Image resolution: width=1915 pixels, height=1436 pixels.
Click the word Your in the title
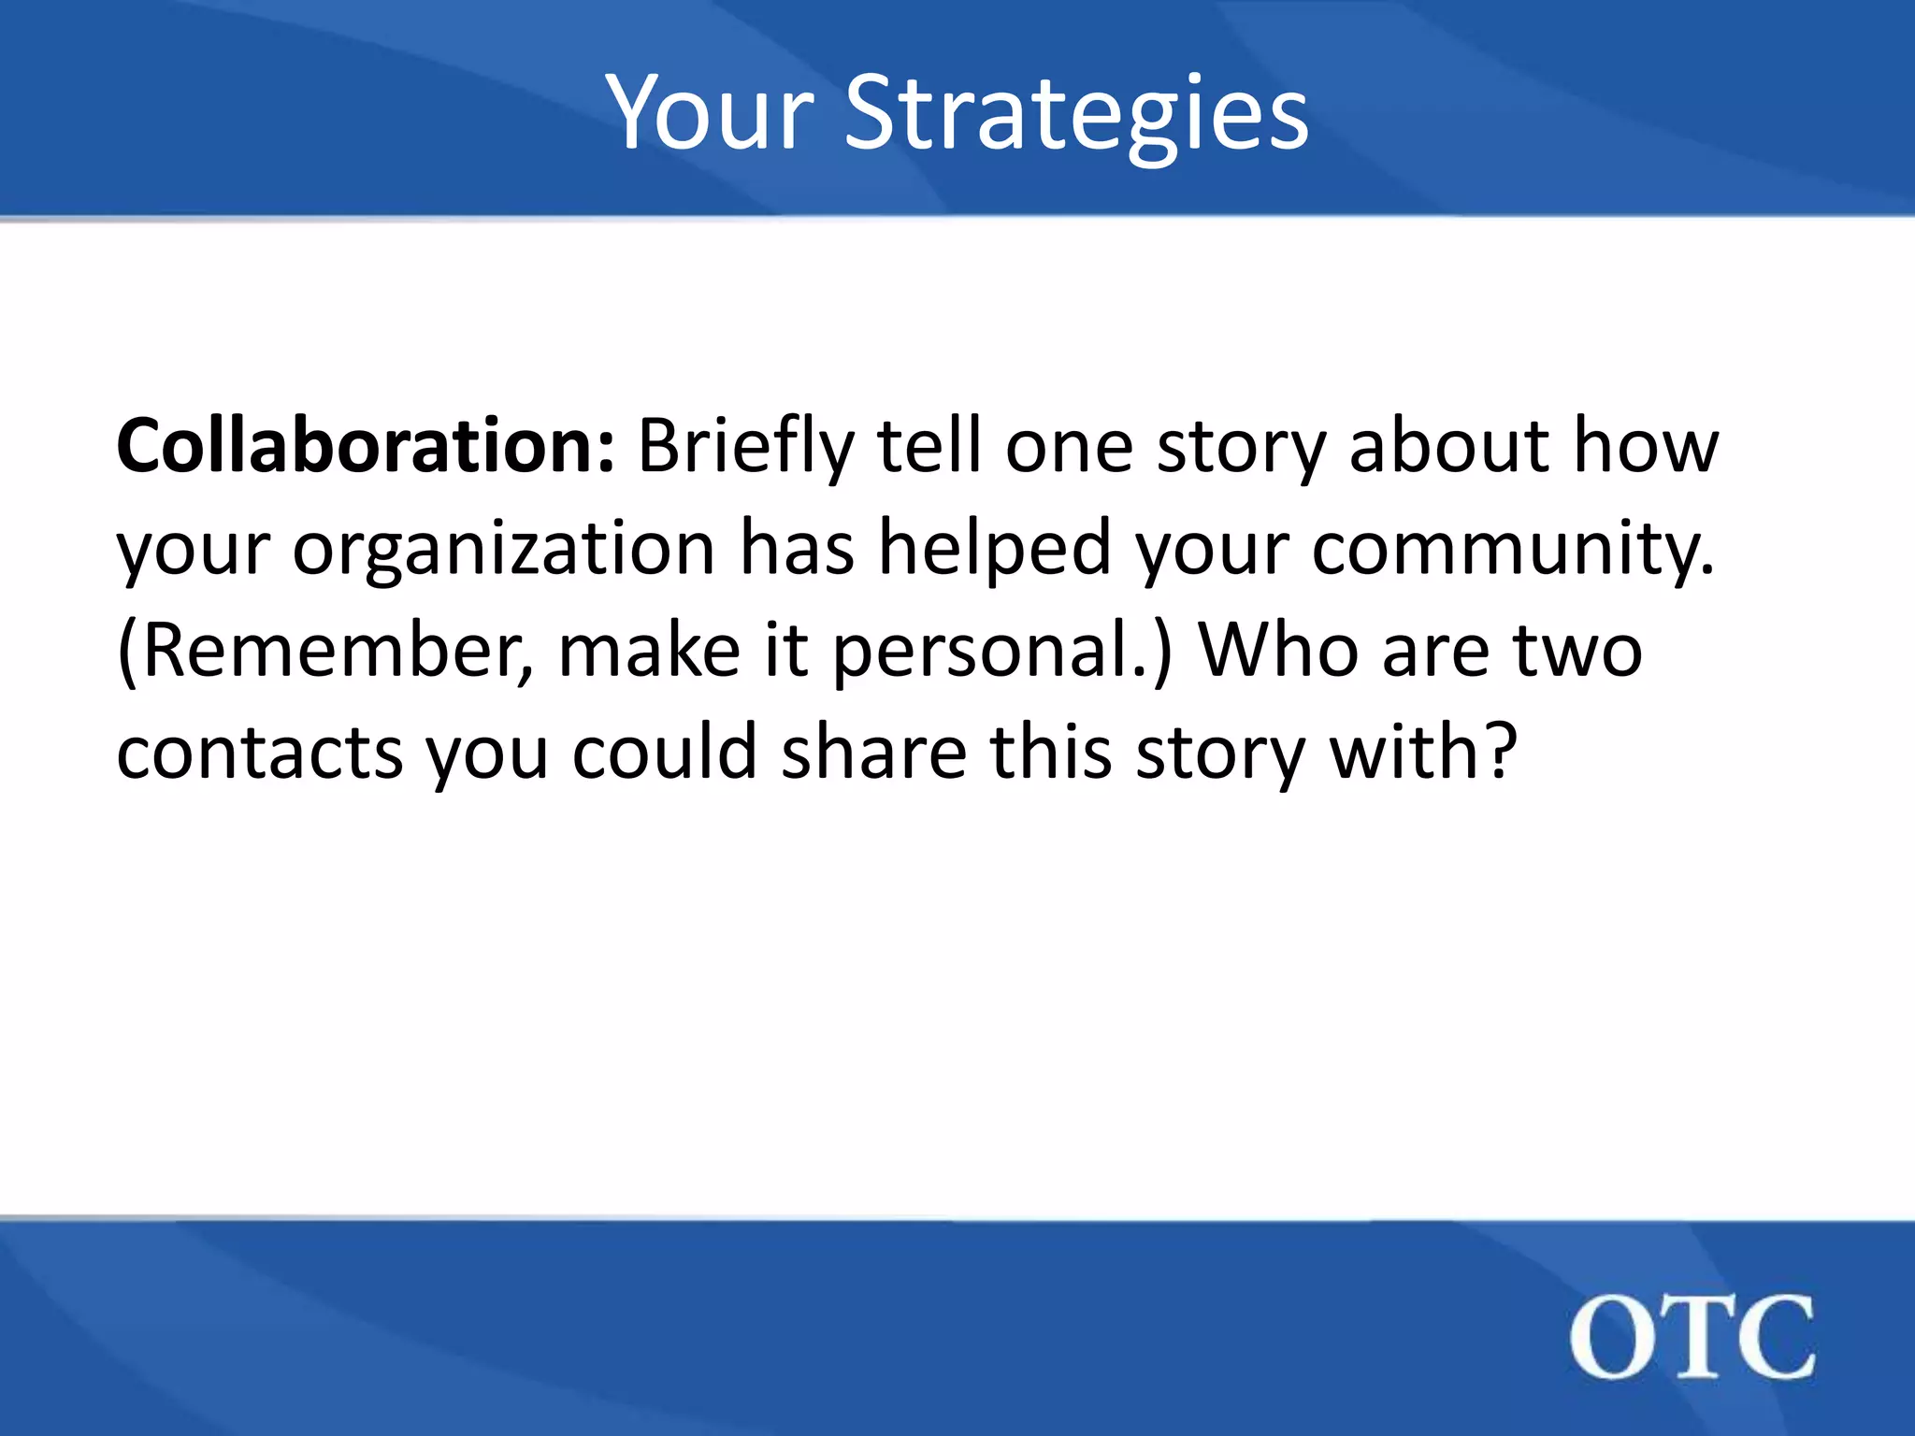pos(711,114)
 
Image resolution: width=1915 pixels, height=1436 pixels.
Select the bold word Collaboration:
pos(365,447)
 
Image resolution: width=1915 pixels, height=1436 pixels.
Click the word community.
pos(1513,550)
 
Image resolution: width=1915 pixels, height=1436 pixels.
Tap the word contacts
pos(259,754)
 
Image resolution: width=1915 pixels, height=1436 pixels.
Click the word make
pos(649,652)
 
